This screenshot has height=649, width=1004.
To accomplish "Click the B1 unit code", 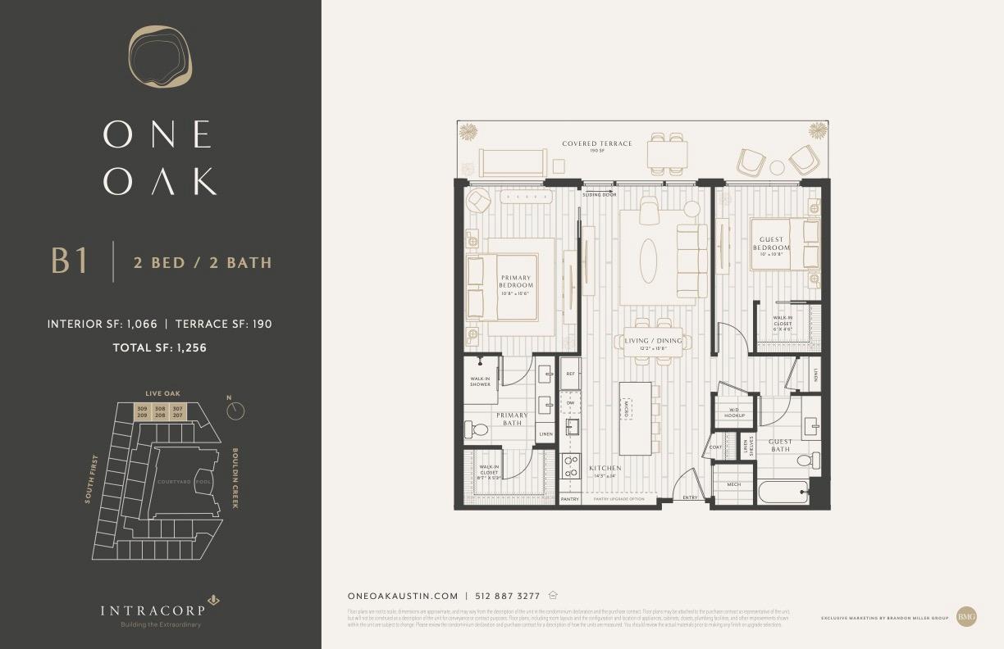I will (69, 261).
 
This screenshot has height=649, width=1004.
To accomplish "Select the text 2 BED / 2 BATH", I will (203, 263).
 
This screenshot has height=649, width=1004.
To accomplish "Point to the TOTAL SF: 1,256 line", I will (159, 347).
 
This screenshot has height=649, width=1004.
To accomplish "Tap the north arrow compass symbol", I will (235, 410).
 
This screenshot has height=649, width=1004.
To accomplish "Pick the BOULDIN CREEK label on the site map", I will (235, 478).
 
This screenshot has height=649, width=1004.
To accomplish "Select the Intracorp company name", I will (152, 610).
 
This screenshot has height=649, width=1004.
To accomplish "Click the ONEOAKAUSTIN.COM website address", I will (403, 597).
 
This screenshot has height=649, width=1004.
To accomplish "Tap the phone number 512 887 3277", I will (508, 597).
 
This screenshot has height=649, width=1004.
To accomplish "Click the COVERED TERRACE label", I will (597, 143).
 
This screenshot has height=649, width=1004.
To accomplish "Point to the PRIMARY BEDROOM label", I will (516, 281).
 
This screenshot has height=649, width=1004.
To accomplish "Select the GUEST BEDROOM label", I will (771, 243).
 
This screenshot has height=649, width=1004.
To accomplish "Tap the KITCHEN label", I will (605, 468).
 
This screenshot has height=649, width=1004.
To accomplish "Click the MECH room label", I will (733, 484).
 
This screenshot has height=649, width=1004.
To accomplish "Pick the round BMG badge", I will (966, 616).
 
